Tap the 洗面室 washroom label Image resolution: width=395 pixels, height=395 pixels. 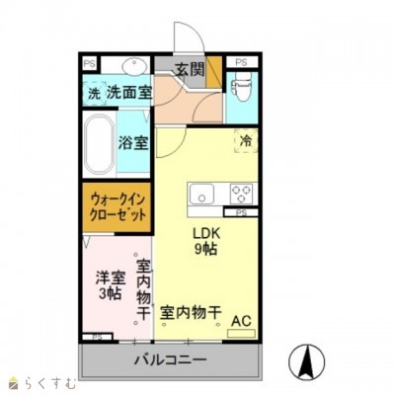(129, 93)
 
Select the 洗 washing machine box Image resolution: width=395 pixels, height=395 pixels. (94, 93)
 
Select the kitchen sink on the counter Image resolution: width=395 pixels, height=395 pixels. (203, 193)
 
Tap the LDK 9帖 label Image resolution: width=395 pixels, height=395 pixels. (204, 241)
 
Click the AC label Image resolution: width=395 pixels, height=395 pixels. (240, 320)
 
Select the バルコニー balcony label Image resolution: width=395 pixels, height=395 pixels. (171, 361)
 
